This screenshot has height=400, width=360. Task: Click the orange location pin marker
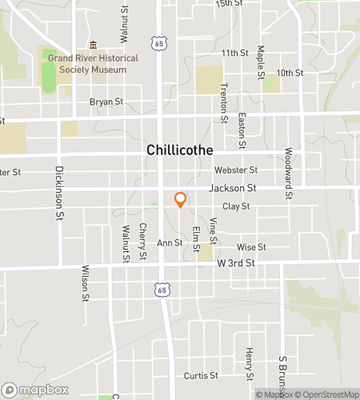tap(180, 200)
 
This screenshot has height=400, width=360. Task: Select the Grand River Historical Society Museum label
tap(93, 64)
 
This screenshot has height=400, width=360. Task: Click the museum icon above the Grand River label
tap(93, 45)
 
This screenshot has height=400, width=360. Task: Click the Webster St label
tap(235, 170)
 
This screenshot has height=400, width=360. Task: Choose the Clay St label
tap(236, 206)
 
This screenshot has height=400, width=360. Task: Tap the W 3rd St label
tap(234, 262)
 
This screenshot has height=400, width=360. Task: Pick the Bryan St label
tap(106, 102)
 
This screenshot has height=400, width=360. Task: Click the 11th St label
tap(235, 53)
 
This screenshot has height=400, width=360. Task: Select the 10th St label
tap(289, 73)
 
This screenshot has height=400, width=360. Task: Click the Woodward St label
tap(288, 173)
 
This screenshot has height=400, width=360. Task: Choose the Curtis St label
tap(201, 375)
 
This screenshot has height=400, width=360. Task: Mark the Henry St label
tap(250, 364)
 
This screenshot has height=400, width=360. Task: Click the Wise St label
tap(250, 248)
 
